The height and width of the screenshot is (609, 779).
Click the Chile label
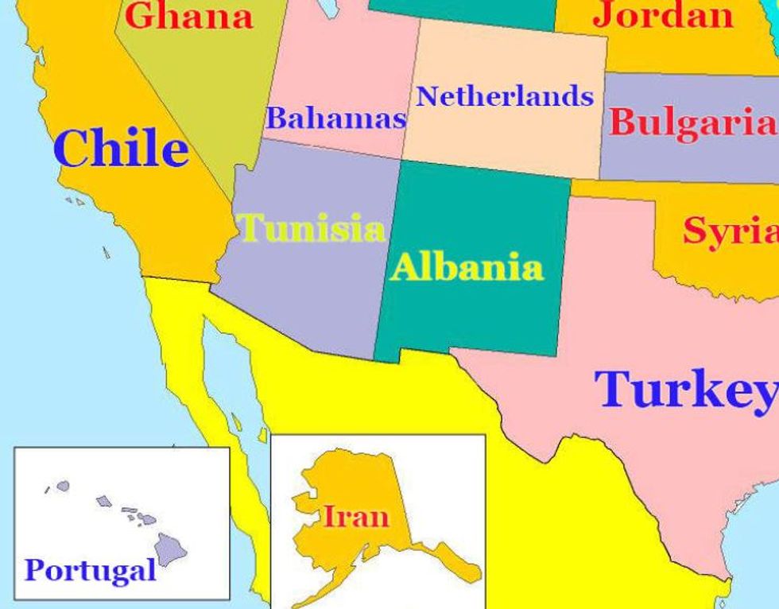(x=122, y=149)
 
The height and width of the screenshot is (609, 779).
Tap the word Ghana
(x=189, y=16)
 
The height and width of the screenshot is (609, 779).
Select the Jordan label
(x=664, y=14)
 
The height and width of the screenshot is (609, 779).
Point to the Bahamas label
(x=335, y=118)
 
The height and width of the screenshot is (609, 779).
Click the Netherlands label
(x=505, y=96)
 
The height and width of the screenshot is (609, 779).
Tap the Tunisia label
(x=312, y=228)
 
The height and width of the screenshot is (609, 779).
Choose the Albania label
(x=467, y=266)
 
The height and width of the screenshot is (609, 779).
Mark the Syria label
(x=730, y=231)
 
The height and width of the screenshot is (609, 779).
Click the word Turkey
(x=685, y=389)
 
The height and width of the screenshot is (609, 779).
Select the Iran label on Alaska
(x=355, y=517)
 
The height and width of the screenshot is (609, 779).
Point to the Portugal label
(x=90, y=569)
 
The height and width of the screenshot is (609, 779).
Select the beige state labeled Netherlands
(x=509, y=139)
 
